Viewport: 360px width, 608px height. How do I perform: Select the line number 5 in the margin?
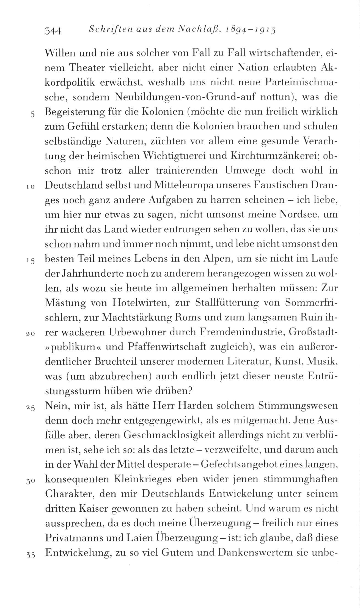point(32,114)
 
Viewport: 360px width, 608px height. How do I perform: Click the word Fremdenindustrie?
point(239,332)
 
